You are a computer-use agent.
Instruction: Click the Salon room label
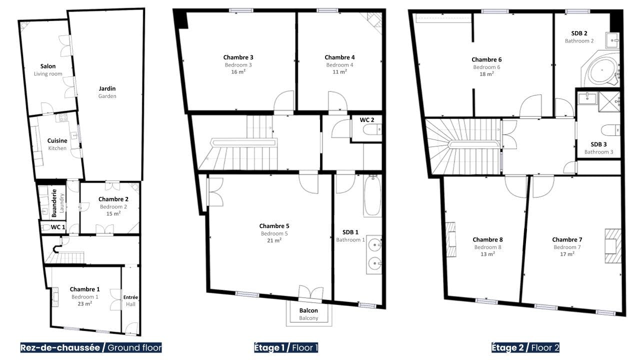48,66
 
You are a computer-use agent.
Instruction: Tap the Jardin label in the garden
107,88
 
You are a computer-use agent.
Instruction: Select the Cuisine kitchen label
57,140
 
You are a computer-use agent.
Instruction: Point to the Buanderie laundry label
54,203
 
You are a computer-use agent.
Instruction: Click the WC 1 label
58,227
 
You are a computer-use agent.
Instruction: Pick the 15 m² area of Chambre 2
113,213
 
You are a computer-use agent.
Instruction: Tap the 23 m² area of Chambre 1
85,303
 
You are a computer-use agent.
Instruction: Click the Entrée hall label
130,297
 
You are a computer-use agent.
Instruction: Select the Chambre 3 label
238,57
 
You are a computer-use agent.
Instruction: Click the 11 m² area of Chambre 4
339,71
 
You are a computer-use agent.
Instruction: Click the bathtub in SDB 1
372,195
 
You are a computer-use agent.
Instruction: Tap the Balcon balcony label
308,310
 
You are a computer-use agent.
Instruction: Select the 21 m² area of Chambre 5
274,240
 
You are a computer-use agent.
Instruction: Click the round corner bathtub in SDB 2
602,70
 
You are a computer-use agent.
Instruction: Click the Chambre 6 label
486,59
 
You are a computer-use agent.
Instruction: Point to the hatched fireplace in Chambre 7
613,245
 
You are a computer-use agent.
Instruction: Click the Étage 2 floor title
507,347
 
